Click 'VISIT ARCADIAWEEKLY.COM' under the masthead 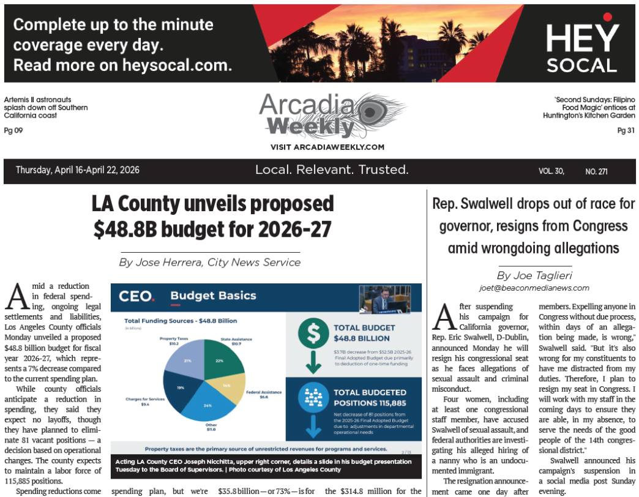tap(327, 147)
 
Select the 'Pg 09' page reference tap(13, 130)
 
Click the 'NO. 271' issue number tap(596, 171)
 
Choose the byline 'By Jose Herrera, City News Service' tap(210, 263)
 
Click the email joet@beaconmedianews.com tap(534, 288)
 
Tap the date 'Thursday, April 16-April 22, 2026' tap(78, 170)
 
